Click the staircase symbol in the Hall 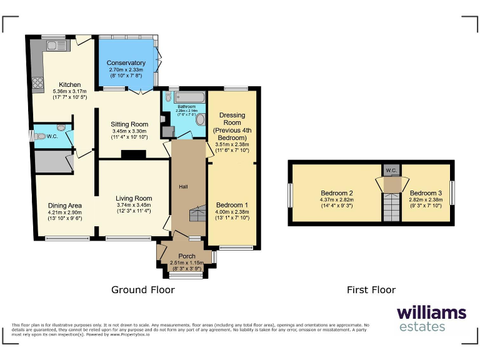tap(197, 214)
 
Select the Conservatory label tap(126, 63)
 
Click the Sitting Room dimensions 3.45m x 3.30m tap(130, 131)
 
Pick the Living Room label tap(134, 199)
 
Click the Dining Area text tap(66, 205)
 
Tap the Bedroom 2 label tap(337, 193)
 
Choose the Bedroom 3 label tap(426, 193)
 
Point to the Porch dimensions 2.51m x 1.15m tap(187, 263)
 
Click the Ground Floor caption tap(142, 289)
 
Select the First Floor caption tap(371, 289)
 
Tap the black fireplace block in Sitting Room tap(132, 154)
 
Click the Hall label tap(183, 187)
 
